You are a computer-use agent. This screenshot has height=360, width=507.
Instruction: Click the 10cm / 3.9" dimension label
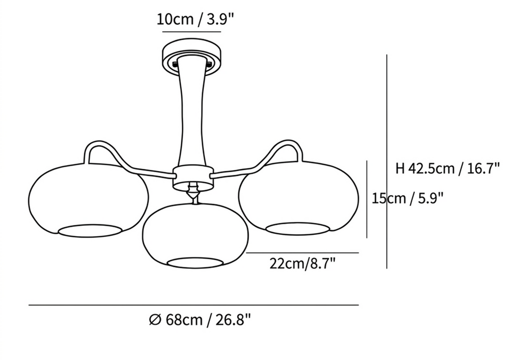click(x=195, y=19)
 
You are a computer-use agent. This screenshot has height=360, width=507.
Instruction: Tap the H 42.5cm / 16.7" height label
click(x=448, y=168)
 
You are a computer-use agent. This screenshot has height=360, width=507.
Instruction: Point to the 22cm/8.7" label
click(x=303, y=263)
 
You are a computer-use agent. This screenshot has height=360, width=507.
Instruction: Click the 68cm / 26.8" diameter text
click(x=208, y=320)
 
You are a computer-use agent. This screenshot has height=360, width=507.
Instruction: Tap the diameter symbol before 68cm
click(x=155, y=320)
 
